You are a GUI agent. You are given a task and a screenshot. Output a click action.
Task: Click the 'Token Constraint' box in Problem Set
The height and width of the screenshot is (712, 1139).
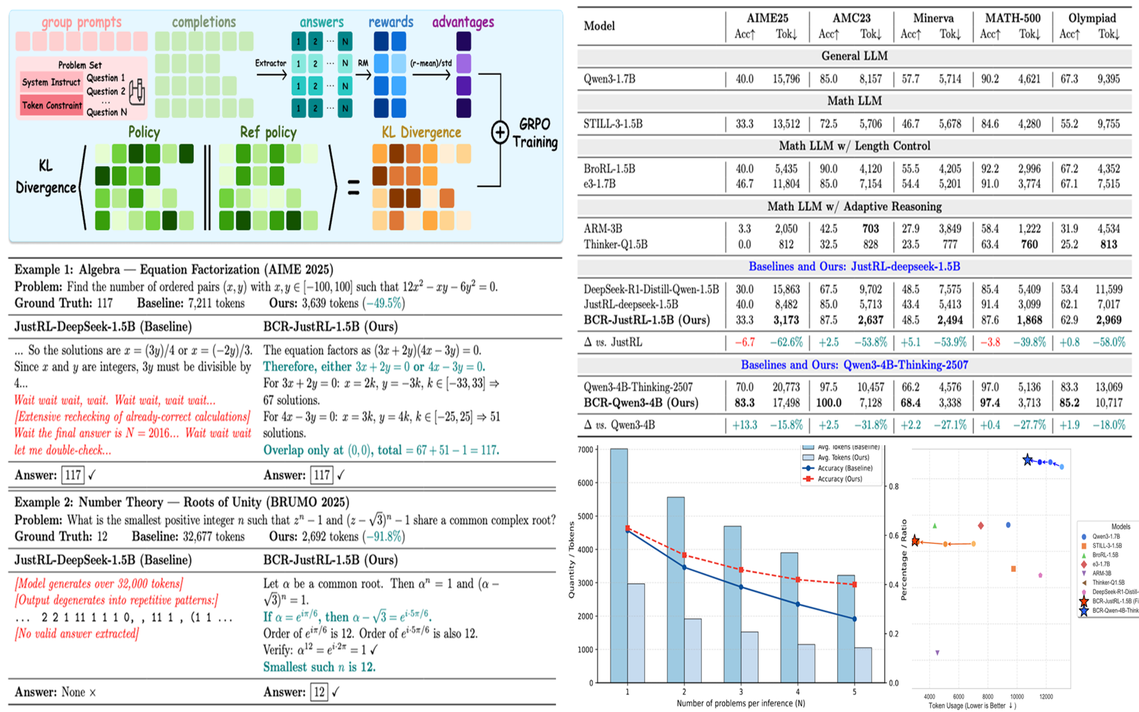[x=52, y=106]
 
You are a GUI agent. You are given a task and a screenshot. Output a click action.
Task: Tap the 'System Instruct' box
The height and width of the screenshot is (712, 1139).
[x=51, y=82]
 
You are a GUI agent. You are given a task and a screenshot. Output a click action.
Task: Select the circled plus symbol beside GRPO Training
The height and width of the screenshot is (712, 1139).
[x=500, y=132]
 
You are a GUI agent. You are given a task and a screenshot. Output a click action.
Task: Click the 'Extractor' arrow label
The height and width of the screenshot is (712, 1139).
[x=271, y=63]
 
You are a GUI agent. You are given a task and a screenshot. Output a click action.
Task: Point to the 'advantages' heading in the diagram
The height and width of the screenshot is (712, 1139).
[x=463, y=22]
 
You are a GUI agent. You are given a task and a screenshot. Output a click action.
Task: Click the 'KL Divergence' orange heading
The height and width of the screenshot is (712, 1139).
[x=421, y=132]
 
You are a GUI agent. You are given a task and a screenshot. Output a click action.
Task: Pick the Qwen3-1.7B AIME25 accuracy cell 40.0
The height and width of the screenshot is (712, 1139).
[x=745, y=79]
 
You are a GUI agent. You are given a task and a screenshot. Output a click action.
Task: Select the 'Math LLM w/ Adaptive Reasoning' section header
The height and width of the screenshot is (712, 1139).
[x=854, y=206]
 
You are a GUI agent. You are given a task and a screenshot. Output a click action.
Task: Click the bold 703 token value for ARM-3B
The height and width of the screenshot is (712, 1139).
[x=870, y=228]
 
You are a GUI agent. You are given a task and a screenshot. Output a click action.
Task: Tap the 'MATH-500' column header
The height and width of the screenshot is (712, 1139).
[x=1013, y=18]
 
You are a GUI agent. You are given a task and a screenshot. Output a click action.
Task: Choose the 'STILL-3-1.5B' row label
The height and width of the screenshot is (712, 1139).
[x=613, y=124]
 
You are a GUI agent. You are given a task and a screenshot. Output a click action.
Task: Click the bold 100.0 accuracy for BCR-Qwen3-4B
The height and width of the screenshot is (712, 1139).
[x=829, y=403]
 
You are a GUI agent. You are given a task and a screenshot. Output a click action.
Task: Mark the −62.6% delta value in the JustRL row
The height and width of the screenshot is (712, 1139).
[x=786, y=342]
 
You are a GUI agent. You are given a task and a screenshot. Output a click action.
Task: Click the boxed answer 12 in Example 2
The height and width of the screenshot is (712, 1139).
[x=319, y=692]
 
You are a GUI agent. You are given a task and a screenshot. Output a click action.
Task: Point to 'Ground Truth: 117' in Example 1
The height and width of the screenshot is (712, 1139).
[x=63, y=303]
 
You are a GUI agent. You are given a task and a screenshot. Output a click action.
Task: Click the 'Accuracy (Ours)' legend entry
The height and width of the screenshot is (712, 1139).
[x=839, y=479]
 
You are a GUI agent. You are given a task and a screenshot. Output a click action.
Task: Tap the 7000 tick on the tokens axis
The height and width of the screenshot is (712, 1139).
[x=585, y=450]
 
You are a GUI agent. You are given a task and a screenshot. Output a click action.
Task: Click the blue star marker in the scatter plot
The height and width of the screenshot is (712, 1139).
[x=1027, y=460]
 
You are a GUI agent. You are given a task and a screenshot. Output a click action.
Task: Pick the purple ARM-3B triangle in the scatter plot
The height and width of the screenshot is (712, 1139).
[x=937, y=653]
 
